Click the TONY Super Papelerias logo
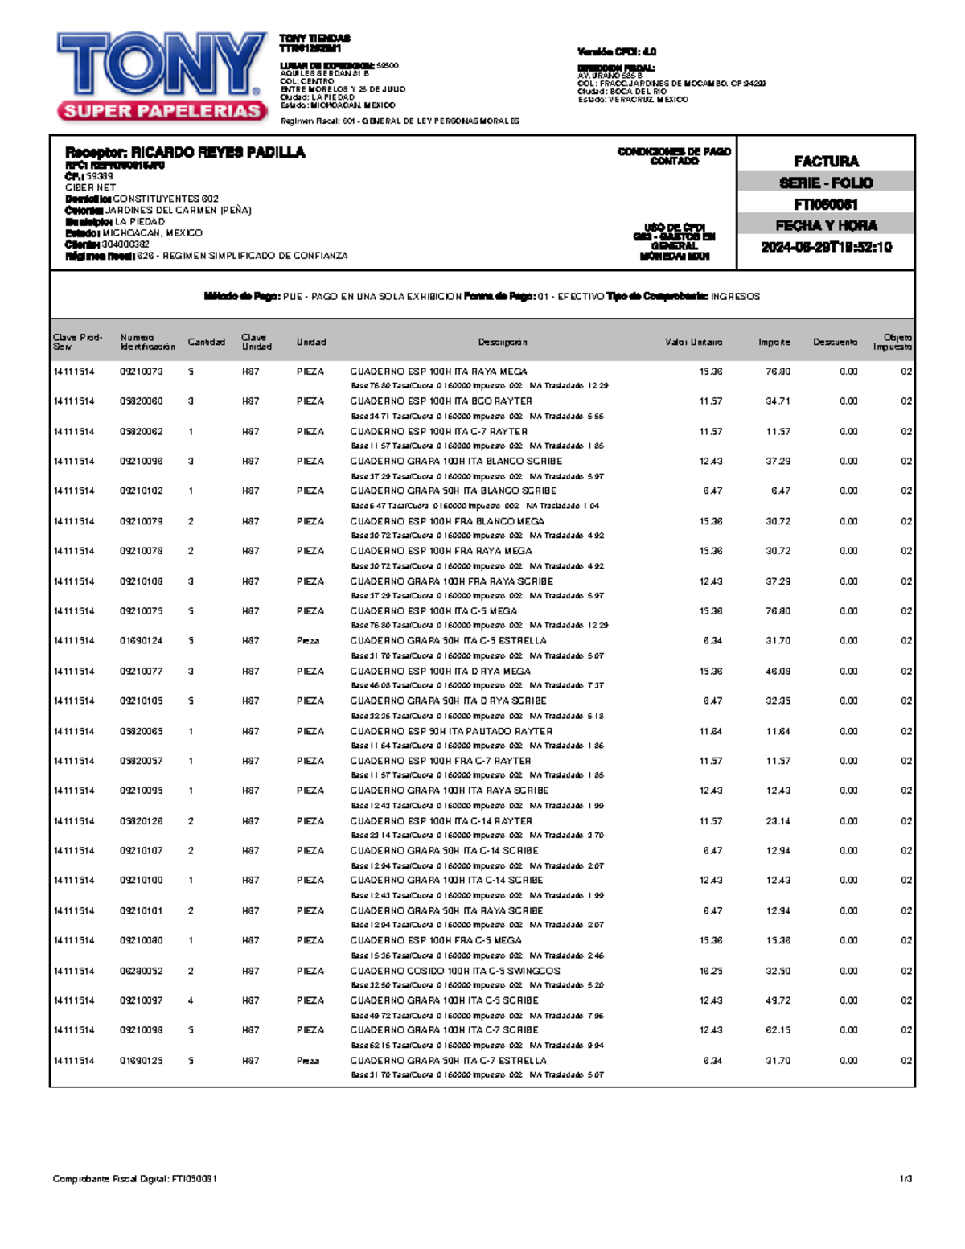(161, 76)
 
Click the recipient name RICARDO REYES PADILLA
(185, 152)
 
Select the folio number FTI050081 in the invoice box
(826, 204)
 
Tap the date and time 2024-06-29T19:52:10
(826, 247)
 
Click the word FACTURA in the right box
(826, 161)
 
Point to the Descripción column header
(503, 342)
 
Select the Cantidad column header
(207, 342)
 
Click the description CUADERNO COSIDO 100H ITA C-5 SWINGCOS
(455, 971)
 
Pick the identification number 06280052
(142, 971)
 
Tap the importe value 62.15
(778, 1029)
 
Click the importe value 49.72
(778, 1000)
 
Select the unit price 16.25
(711, 971)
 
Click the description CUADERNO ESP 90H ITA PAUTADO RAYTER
(451, 731)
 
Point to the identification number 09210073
(142, 372)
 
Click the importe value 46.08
(778, 671)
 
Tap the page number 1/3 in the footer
(905, 1179)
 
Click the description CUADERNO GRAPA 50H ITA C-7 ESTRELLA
(448, 1060)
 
